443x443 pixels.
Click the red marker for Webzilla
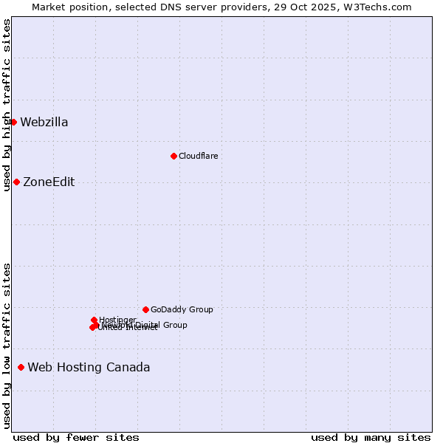click(13, 122)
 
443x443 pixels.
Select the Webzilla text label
click(44, 123)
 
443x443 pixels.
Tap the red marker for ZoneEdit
click(16, 182)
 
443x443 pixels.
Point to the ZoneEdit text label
click(49, 182)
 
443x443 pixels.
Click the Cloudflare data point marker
click(174, 156)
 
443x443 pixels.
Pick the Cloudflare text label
click(198, 156)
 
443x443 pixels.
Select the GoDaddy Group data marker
click(145, 309)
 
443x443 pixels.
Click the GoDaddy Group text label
click(182, 310)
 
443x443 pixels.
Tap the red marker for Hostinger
click(94, 320)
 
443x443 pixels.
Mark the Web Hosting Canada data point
click(21, 367)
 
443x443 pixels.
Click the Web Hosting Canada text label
click(89, 368)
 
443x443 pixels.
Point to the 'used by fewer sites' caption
click(76, 437)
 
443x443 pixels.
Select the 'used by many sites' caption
click(371, 437)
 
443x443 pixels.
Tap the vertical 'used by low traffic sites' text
click(7, 346)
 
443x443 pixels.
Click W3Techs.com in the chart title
click(381, 7)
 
